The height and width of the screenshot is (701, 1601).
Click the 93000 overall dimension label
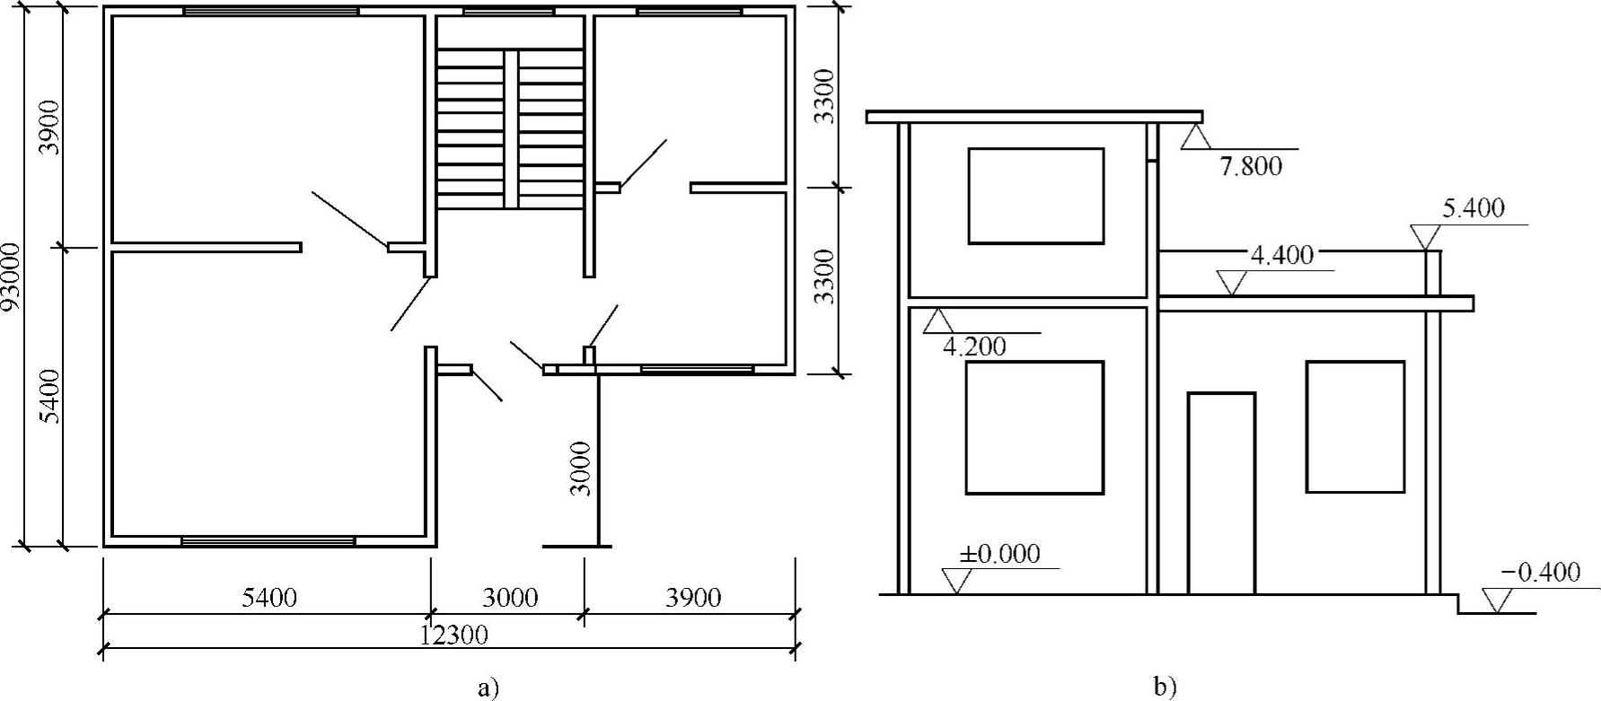coord(13,276)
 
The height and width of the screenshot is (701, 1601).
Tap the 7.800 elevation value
coord(1251,166)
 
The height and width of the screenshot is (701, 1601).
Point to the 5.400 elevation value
coord(1473,209)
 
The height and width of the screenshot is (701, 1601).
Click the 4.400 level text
coord(1281,255)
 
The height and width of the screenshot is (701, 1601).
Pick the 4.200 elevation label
coord(974,346)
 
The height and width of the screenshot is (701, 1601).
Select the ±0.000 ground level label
coord(999,553)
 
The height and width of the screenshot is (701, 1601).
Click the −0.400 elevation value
coord(1539,572)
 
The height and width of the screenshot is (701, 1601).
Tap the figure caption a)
coord(488,688)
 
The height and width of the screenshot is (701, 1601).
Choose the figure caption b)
coord(1165,688)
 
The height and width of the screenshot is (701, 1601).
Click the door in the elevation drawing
coord(1221,493)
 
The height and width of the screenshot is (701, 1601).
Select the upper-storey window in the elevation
coord(1035,196)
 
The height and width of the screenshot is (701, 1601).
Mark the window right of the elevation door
coord(1355,426)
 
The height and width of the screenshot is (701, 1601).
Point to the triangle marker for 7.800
coord(1196,136)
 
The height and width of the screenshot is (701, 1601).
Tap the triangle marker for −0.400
coord(1497,600)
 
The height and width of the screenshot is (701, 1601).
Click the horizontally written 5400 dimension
coord(269,597)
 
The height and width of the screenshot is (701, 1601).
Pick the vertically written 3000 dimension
coord(581,468)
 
